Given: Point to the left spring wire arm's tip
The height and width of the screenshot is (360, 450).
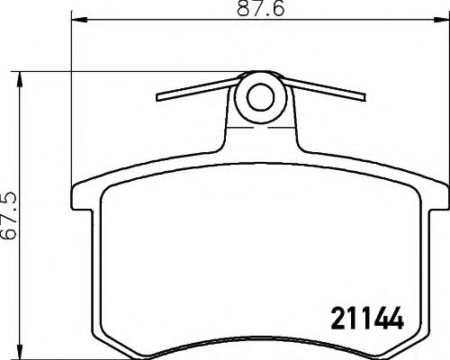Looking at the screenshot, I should click(158, 97).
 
